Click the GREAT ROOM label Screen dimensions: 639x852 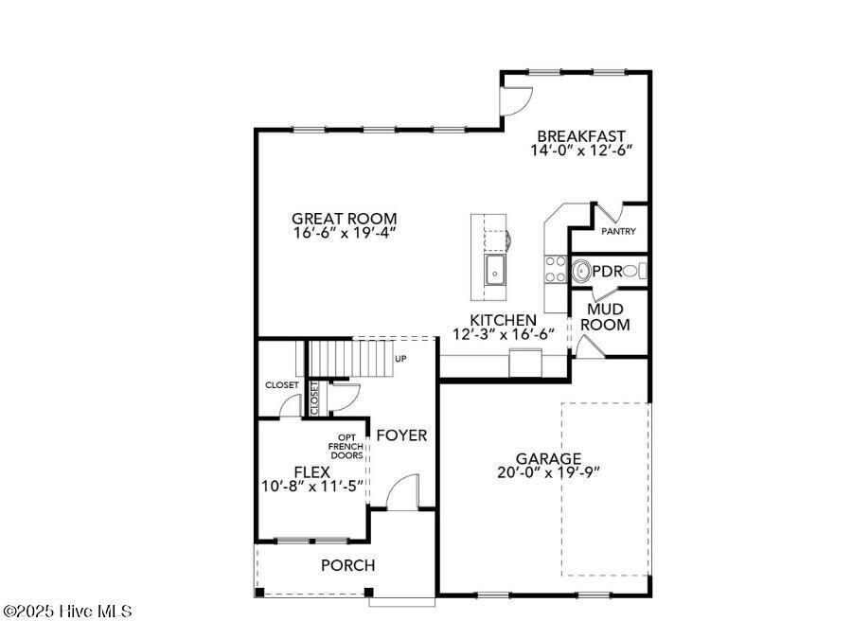pos(344,218)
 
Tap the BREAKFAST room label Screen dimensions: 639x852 pos(581,135)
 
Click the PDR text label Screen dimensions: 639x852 pos(608,272)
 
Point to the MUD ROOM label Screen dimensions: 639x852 pos(605,317)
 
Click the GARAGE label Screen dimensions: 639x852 pos(549,458)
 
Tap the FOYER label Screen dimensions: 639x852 pos(401,435)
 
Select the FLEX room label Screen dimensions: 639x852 pos(311,471)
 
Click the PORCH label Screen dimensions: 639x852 pos(347,565)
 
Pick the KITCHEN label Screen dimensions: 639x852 pos(505,321)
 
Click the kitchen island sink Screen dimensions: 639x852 pos(495,270)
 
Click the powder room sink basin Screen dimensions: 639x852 pos(580,272)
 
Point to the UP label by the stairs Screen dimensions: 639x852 pos(399,360)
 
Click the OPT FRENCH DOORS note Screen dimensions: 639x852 pos(346,446)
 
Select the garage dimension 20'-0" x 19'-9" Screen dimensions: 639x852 pos(549,472)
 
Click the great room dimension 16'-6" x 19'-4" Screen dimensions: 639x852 pos(344,232)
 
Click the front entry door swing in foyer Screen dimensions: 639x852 pos(403,492)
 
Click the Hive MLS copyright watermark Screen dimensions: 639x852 pos(67,612)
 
